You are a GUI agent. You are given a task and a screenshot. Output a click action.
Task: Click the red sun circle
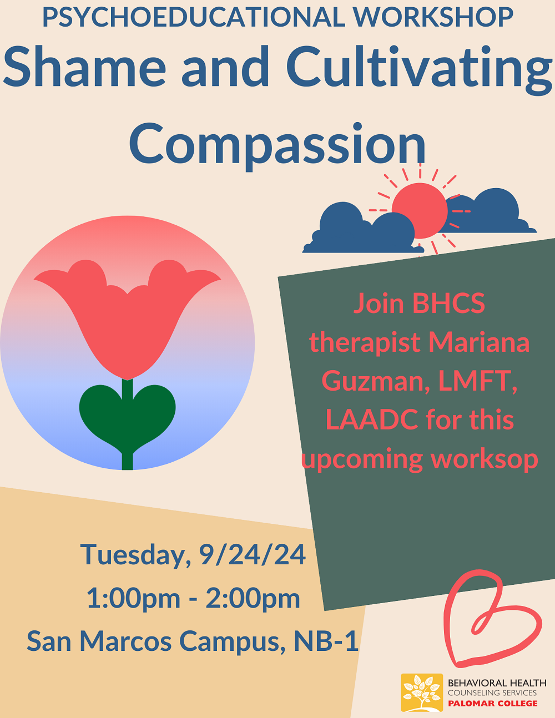tap(420, 210)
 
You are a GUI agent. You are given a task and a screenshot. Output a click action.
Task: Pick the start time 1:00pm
tap(133, 599)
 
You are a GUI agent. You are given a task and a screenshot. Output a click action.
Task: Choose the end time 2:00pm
tap(253, 599)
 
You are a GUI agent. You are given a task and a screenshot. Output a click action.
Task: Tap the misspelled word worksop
tap(485, 459)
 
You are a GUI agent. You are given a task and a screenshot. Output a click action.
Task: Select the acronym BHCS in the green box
tap(448, 304)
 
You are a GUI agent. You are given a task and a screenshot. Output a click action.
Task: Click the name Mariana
tap(479, 342)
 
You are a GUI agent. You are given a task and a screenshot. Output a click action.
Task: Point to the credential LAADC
tap(372, 419)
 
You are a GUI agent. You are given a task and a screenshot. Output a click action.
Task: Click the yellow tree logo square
tap(422, 692)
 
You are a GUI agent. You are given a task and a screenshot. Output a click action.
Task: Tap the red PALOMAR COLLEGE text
tap(493, 704)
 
